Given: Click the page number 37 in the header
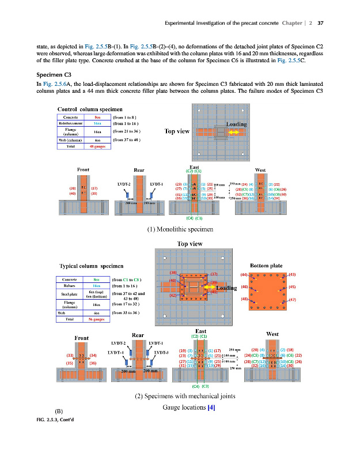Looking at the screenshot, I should [x=321, y=24].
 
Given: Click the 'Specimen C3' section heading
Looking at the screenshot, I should [x=51, y=75].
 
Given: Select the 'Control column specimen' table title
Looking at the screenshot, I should [x=89, y=109].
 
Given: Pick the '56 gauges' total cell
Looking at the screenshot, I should [x=96, y=318].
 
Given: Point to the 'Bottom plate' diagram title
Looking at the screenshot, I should [x=269, y=266].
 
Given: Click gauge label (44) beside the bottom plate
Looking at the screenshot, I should [x=244, y=275].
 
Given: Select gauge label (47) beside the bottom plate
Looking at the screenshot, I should [x=292, y=300].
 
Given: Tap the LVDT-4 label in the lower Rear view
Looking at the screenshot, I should [x=116, y=352].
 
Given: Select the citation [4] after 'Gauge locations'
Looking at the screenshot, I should [x=211, y=408].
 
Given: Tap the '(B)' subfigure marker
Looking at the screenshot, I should [x=58, y=410].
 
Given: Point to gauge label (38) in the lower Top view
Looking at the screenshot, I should [x=173, y=272].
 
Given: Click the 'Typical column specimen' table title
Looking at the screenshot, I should [x=91, y=266].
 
